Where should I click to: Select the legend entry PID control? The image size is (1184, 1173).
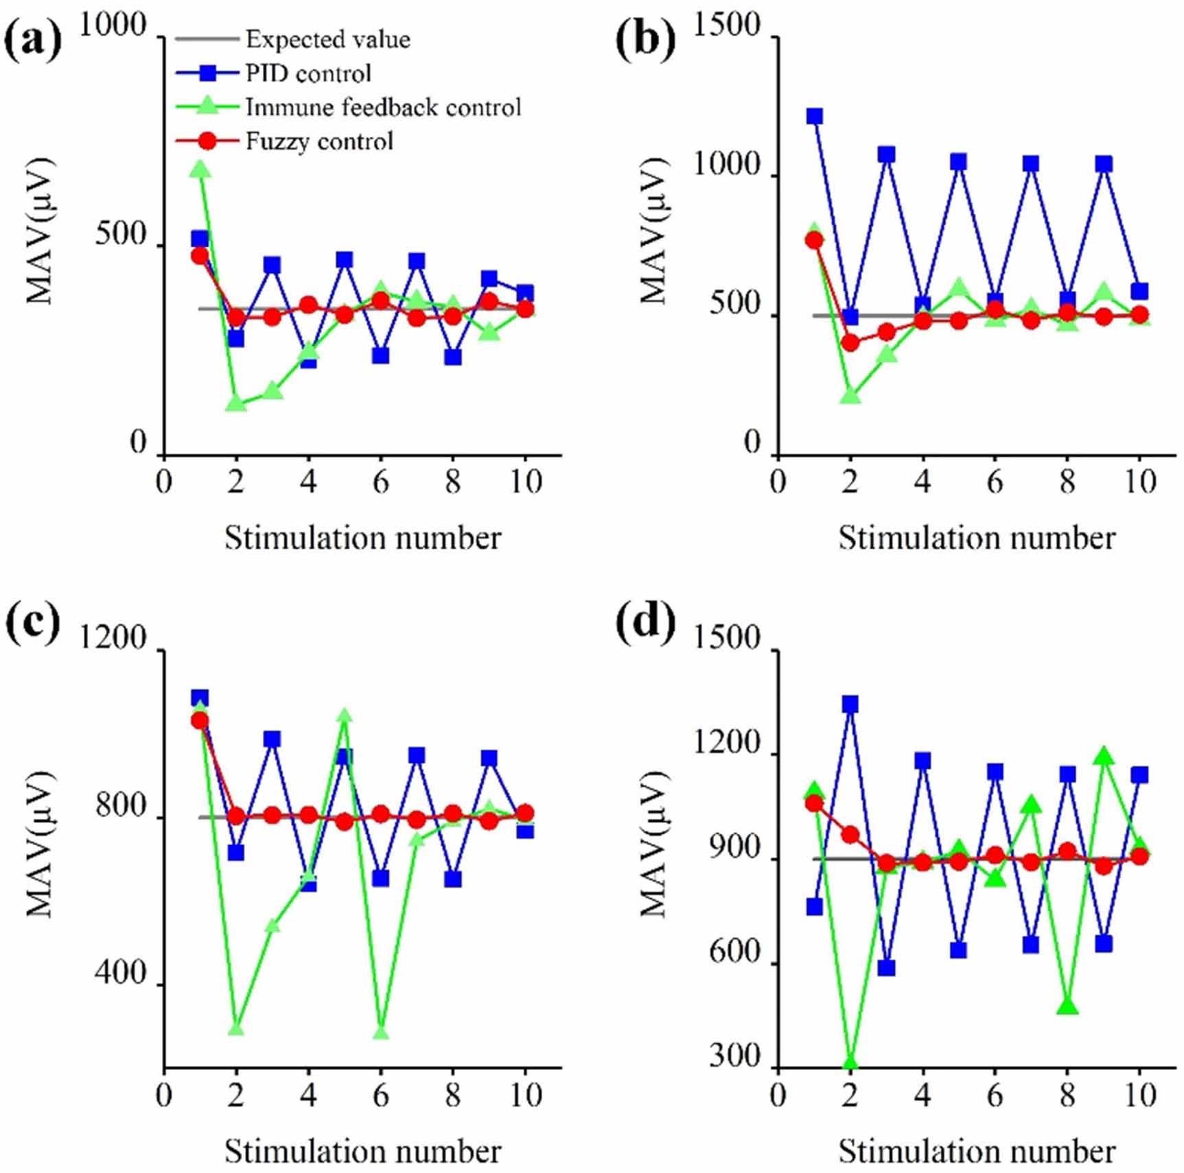click(x=308, y=73)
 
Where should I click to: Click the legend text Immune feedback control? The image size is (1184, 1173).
click(x=383, y=108)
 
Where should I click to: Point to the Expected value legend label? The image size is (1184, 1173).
click(x=327, y=40)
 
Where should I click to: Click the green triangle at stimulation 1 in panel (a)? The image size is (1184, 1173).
click(x=200, y=169)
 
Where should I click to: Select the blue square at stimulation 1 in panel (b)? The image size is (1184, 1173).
click(x=815, y=116)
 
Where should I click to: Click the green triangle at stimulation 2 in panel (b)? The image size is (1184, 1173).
click(x=850, y=396)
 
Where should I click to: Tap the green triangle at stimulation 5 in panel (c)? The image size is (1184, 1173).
click(x=345, y=716)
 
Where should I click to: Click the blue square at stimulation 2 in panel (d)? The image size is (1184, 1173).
click(x=850, y=704)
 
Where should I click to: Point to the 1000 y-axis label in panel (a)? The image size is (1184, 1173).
click(x=113, y=26)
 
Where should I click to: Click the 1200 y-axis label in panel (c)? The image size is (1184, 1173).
click(x=113, y=638)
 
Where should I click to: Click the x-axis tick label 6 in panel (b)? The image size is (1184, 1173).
click(x=995, y=482)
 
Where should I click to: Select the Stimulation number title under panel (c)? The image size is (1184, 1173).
click(x=362, y=1150)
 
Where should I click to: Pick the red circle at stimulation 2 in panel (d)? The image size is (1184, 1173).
click(x=850, y=835)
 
